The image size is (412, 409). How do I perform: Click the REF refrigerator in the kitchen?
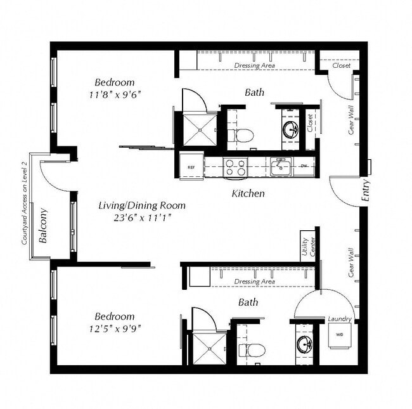(191, 167)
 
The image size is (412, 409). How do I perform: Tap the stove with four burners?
(236, 167)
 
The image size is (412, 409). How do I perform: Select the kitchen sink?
(280, 167)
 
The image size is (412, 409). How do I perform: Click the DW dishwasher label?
(304, 167)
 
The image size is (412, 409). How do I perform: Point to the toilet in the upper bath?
(241, 134)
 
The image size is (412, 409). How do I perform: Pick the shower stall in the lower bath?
(209, 348)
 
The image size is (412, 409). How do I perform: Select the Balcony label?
(44, 226)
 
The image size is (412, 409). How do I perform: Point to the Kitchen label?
(248, 193)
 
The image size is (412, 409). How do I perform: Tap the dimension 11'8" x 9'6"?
(115, 94)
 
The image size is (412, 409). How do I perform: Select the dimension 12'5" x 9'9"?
(115, 328)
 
